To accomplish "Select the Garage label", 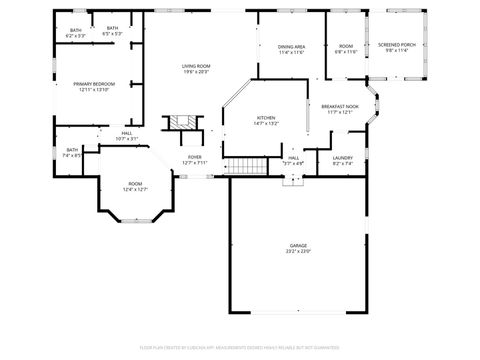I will (298, 245).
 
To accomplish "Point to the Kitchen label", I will (265, 118).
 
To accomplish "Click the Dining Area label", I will (291, 48).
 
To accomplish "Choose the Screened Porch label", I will (397, 46).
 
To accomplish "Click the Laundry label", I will (342, 158).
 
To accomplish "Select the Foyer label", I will (195, 158).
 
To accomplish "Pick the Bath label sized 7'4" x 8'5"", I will (72, 152).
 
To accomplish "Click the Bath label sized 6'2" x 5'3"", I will (76, 31).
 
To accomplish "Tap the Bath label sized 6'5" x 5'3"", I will (112, 30).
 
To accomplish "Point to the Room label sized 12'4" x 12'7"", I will (135, 185).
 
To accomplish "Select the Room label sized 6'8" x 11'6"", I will (345, 48).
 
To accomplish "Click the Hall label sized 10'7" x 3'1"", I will (127, 135).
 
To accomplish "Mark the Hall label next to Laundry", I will (294, 159).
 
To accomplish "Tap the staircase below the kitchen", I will (246, 166).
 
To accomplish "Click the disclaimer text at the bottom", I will (240, 347).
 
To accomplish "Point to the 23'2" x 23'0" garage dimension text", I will (298, 251).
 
